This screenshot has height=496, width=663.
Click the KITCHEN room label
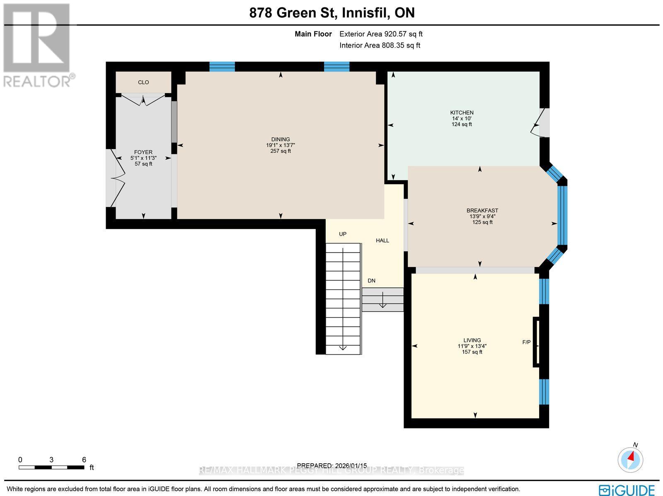pos(462,113)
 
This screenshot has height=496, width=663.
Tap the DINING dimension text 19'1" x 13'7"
pos(281,145)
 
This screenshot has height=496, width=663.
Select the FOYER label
pos(143,152)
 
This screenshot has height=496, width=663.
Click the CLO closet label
pos(143,82)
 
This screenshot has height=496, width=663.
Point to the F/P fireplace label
pos(526,342)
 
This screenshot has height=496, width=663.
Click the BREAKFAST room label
pos(482,210)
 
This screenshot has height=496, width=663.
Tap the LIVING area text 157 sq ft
pos(472,352)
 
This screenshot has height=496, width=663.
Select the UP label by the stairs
pos(343,234)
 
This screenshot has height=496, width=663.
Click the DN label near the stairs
pos(371,281)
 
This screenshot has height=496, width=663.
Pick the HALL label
pos(382,241)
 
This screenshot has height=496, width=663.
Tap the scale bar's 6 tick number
pos(84,460)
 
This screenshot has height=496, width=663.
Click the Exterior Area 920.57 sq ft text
pos(381,34)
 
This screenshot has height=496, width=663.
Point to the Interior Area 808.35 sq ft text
pos(380,46)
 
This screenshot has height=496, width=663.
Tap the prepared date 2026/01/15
pos(332,466)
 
